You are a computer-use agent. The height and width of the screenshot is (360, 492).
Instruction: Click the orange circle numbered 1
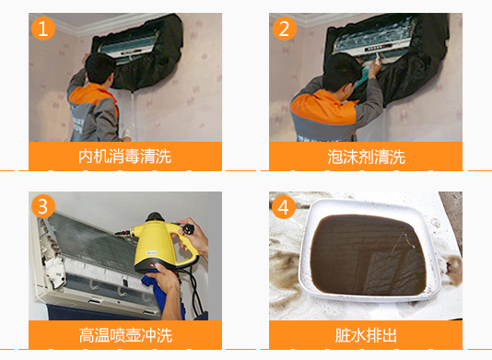[x=43, y=29]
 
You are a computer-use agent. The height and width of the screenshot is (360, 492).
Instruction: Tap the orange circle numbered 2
[x=285, y=29]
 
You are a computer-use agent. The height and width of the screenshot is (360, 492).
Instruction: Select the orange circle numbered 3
[x=43, y=206]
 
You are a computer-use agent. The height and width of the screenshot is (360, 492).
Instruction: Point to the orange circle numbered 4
[x=284, y=207]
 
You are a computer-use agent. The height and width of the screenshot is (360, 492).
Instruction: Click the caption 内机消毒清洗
[x=125, y=157]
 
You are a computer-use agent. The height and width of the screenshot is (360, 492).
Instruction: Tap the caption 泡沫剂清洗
[x=366, y=157]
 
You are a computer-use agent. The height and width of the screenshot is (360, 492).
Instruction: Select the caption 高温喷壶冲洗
[x=125, y=335]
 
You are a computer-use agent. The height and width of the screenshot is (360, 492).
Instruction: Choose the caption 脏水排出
[x=366, y=335]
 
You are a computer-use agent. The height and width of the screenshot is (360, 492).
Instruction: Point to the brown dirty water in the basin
[x=368, y=255]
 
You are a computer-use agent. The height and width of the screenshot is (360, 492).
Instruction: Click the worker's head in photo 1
[x=100, y=68]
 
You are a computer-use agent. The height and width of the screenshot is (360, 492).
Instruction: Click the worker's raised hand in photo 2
[x=375, y=66]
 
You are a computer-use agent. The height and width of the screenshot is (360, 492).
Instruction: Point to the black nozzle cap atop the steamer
[x=154, y=217]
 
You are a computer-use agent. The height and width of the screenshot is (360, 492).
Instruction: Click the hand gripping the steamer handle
[x=193, y=235]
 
